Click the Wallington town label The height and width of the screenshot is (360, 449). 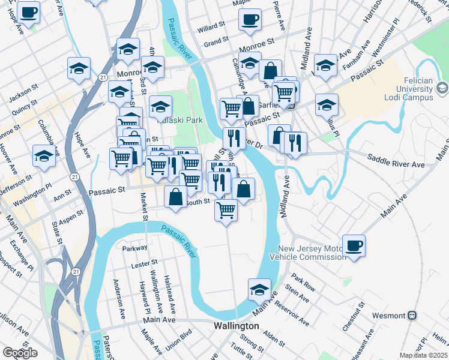click(237, 326)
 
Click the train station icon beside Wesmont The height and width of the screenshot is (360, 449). click(412, 315)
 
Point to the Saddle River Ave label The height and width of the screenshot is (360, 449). click(396, 164)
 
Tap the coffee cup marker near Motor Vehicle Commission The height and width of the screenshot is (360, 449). click(354, 245)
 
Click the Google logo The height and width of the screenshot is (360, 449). click(19, 353)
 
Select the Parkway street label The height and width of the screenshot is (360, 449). click(135, 248)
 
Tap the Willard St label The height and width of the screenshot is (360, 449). click(211, 28)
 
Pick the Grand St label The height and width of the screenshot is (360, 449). click(217, 43)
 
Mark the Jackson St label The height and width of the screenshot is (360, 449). click(23, 94)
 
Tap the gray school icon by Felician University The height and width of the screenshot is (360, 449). click(442, 89)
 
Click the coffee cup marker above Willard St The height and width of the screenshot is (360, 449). click(250, 19)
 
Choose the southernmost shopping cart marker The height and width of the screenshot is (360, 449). click(226, 210)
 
